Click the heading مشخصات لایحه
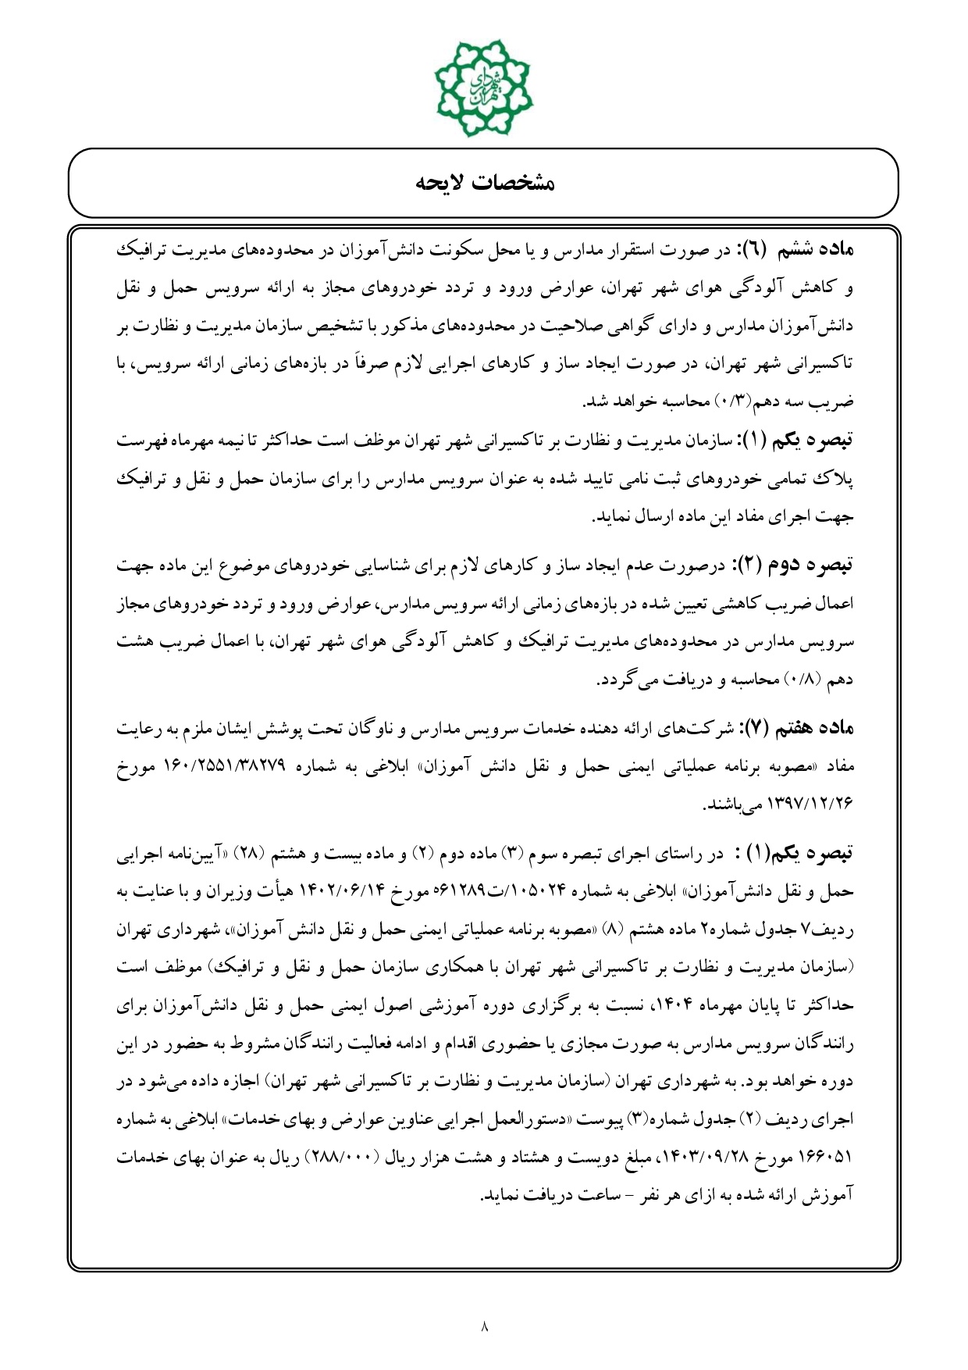[483, 184]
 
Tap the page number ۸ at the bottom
[484, 1325]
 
